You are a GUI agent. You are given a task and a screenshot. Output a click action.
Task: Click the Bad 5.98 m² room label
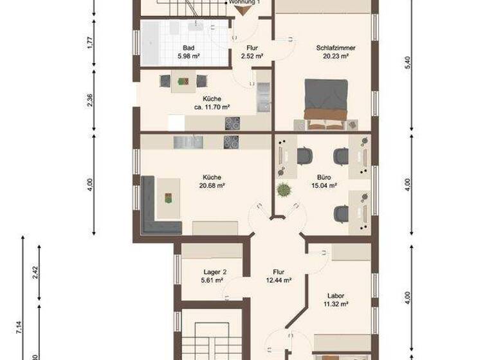point(188,52)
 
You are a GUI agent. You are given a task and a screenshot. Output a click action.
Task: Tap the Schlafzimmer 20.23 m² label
point(335,52)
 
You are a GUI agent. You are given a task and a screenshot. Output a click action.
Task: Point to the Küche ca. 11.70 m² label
point(212,103)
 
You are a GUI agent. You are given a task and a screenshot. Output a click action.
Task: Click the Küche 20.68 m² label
point(212,181)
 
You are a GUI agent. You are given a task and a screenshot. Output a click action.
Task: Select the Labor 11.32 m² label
point(335,300)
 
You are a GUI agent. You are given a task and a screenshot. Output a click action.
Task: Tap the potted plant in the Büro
point(283,190)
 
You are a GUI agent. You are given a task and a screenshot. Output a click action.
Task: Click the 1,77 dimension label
point(91,43)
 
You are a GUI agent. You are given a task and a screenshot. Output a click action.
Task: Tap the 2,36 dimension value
point(91,100)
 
